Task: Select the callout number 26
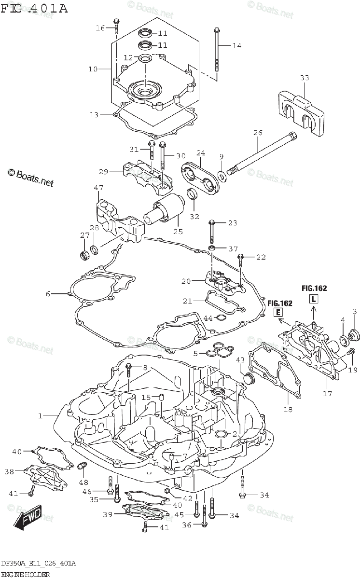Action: pyautogui.click(x=257, y=133)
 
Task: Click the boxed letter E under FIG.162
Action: pyautogui.click(x=278, y=313)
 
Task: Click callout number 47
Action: pyautogui.click(x=98, y=188)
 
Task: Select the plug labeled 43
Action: pyautogui.click(x=249, y=378)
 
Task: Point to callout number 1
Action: pyautogui.click(x=41, y=415)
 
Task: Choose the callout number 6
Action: pyautogui.click(x=48, y=293)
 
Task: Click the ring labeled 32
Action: pyautogui.click(x=193, y=194)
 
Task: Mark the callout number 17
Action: pyautogui.click(x=327, y=393)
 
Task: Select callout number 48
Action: pyautogui.click(x=83, y=482)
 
